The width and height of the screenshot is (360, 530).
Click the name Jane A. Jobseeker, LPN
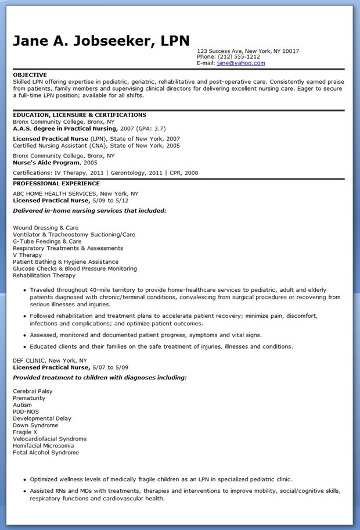coord(102,41)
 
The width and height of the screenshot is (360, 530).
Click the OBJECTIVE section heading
coord(30,75)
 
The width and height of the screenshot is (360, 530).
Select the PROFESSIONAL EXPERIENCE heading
coord(56,184)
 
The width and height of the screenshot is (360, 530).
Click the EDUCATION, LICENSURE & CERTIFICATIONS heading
coord(80,115)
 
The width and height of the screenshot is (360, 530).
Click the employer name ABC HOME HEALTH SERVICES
coord(55,194)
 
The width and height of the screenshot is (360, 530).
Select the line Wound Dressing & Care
coord(45,228)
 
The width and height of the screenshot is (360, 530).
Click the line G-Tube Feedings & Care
coord(47,241)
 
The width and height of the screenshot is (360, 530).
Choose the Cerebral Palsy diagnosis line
coord(33,391)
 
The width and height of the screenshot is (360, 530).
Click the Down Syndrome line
coord(36,425)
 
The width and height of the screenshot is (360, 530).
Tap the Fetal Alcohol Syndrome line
coord(46,452)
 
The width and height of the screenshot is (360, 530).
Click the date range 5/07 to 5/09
coord(110,367)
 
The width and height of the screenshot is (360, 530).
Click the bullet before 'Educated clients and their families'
coord(24,346)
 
